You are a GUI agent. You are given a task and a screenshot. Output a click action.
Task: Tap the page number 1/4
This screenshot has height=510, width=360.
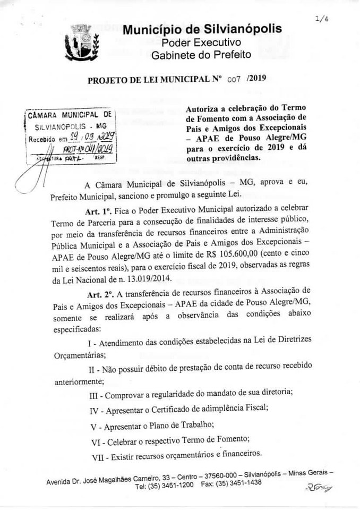(320, 20)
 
